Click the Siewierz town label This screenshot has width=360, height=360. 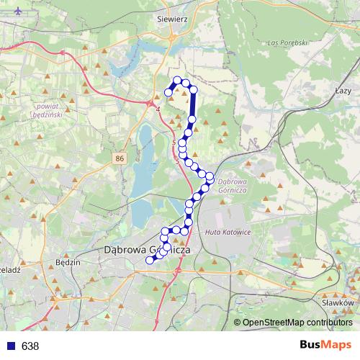click(x=172, y=21)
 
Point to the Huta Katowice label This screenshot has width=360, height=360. click(x=227, y=232)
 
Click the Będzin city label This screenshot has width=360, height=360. click(x=67, y=264)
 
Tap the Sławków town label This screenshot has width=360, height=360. click(x=337, y=303)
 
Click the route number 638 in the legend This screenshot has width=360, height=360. click(x=30, y=346)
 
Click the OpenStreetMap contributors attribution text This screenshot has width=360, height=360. click(x=296, y=322)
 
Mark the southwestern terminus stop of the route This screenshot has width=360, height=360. click(x=150, y=260)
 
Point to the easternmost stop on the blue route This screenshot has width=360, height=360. click(x=210, y=176)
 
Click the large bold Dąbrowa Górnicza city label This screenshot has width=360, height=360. click(x=147, y=250)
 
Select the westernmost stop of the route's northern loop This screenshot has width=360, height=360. click(x=168, y=92)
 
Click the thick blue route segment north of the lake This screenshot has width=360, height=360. click(x=193, y=105)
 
